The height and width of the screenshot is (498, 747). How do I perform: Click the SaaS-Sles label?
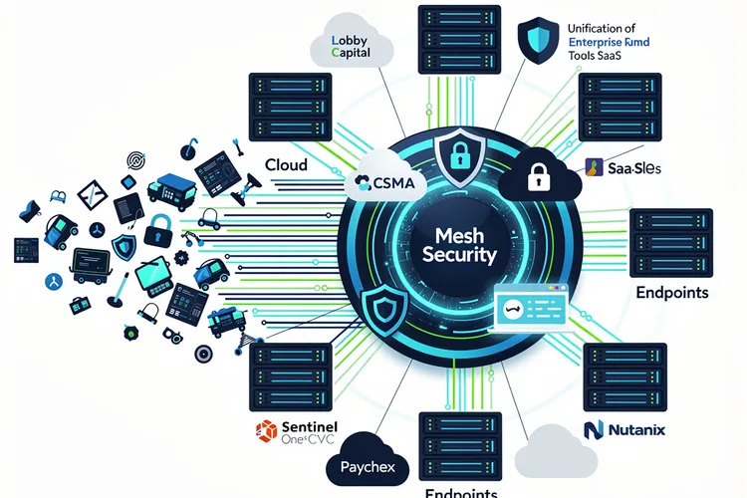coord(625,169)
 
